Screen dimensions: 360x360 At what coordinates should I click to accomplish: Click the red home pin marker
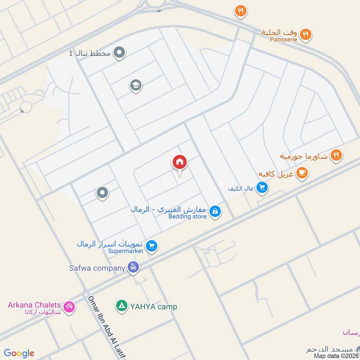click(180, 162)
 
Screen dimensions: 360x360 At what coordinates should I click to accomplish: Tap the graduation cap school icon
click(135, 85)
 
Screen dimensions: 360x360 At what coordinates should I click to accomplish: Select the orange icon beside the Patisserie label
click(306, 34)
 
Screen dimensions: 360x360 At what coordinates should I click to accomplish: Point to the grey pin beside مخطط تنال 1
click(119, 53)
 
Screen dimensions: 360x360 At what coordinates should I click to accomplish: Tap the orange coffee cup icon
click(302, 172)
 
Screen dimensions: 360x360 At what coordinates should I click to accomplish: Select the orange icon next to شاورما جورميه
click(336, 156)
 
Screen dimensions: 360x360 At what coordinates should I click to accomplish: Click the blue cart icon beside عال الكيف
click(262, 188)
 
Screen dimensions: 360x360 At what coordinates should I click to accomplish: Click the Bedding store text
click(188, 216)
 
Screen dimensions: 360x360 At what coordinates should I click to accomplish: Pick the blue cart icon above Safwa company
click(152, 246)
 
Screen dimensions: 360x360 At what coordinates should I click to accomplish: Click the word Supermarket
click(126, 251)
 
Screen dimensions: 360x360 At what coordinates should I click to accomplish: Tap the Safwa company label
click(97, 268)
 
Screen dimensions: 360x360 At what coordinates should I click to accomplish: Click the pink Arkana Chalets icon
click(69, 306)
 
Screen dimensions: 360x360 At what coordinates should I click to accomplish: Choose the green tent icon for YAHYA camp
click(121, 306)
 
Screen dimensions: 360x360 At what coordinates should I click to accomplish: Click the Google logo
click(19, 353)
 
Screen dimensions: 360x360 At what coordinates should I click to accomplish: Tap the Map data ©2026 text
click(336, 355)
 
